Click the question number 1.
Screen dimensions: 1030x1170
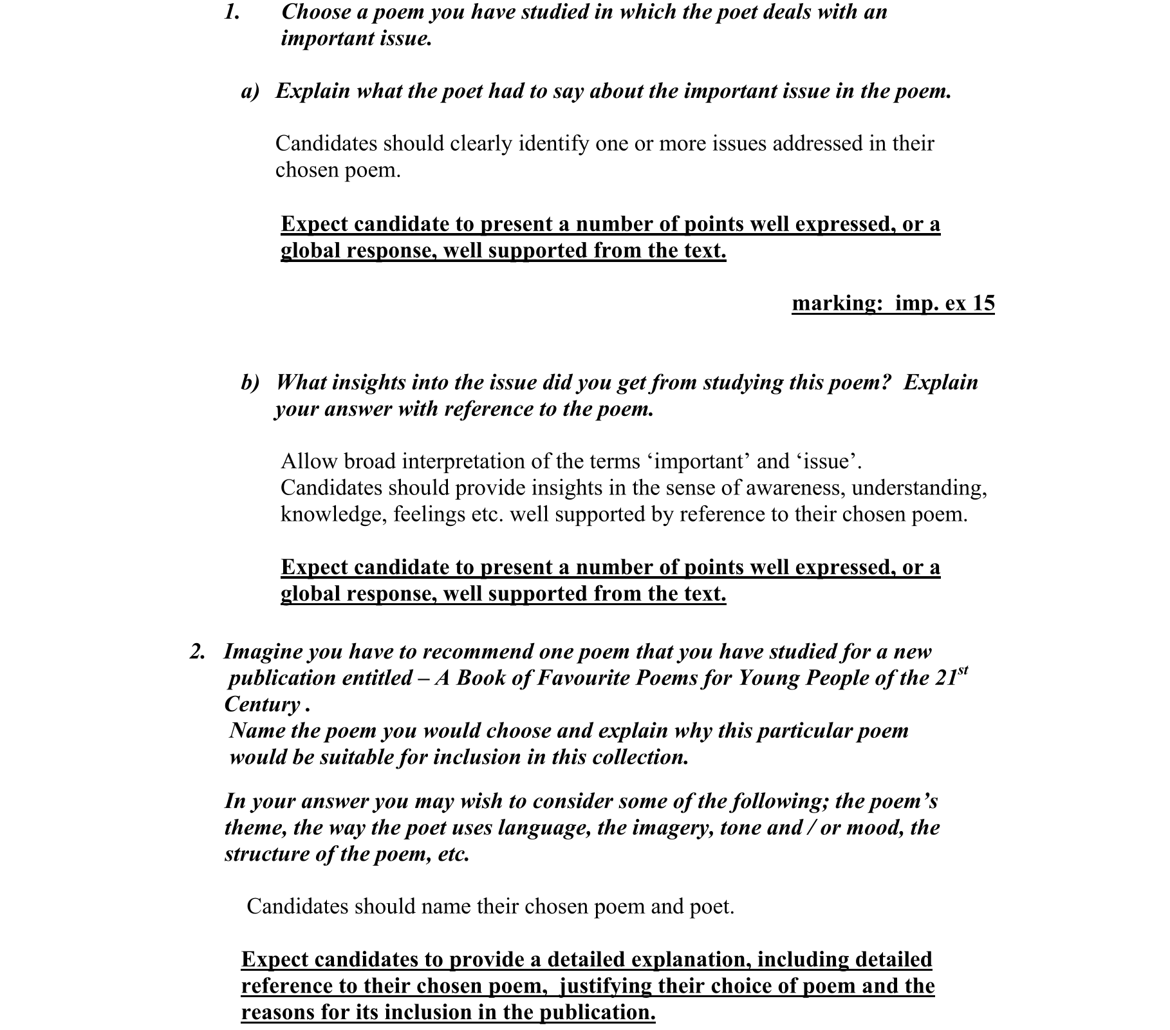click(232, 12)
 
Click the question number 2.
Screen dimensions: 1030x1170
click(197, 652)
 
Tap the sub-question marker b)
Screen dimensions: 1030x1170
click(250, 383)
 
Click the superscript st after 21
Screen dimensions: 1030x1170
click(963, 671)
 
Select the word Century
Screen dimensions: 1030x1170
click(262, 705)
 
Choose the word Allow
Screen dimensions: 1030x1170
click(308, 462)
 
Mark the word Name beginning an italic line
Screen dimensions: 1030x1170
click(257, 731)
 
